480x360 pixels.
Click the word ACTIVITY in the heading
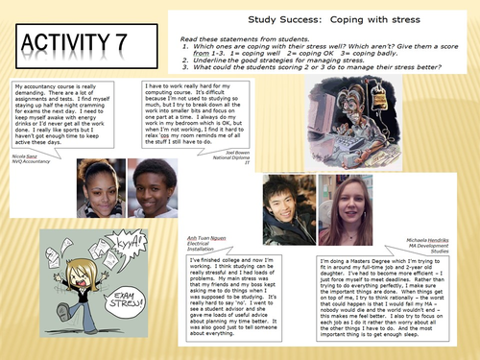tap(67, 43)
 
